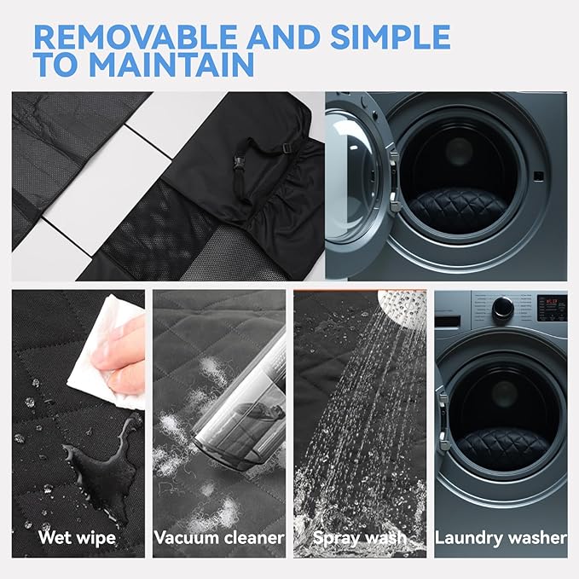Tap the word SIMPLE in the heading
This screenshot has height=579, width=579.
point(390,37)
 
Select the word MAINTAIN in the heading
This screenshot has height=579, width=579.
point(171,64)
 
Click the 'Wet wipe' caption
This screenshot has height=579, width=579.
point(77,538)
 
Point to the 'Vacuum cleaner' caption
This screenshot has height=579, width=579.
point(219,537)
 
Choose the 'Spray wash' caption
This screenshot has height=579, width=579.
point(359,538)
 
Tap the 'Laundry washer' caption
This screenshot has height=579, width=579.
point(501,538)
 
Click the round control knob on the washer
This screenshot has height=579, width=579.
point(503,308)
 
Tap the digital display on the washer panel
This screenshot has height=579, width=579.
point(552,308)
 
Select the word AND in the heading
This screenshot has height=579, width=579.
point(283,37)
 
